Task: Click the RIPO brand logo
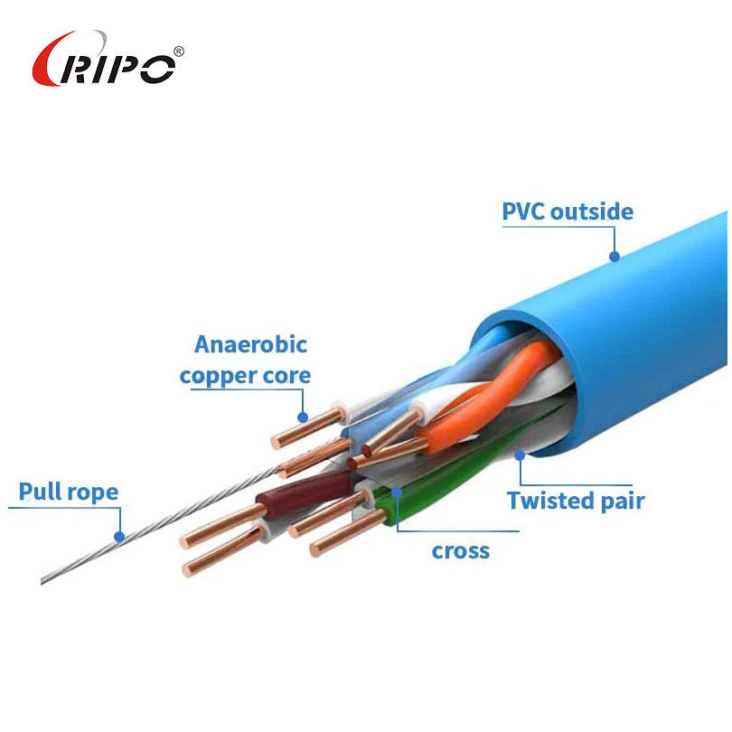tap(107, 61)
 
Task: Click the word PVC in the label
tap(523, 212)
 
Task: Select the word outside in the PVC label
tap(592, 212)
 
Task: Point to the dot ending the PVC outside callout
tap(615, 256)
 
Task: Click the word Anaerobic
tap(250, 344)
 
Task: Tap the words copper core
tap(245, 375)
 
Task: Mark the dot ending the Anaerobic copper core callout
tap(304, 418)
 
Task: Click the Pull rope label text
tap(69, 493)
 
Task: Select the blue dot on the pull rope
tap(118, 536)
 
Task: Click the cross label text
tap(460, 550)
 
